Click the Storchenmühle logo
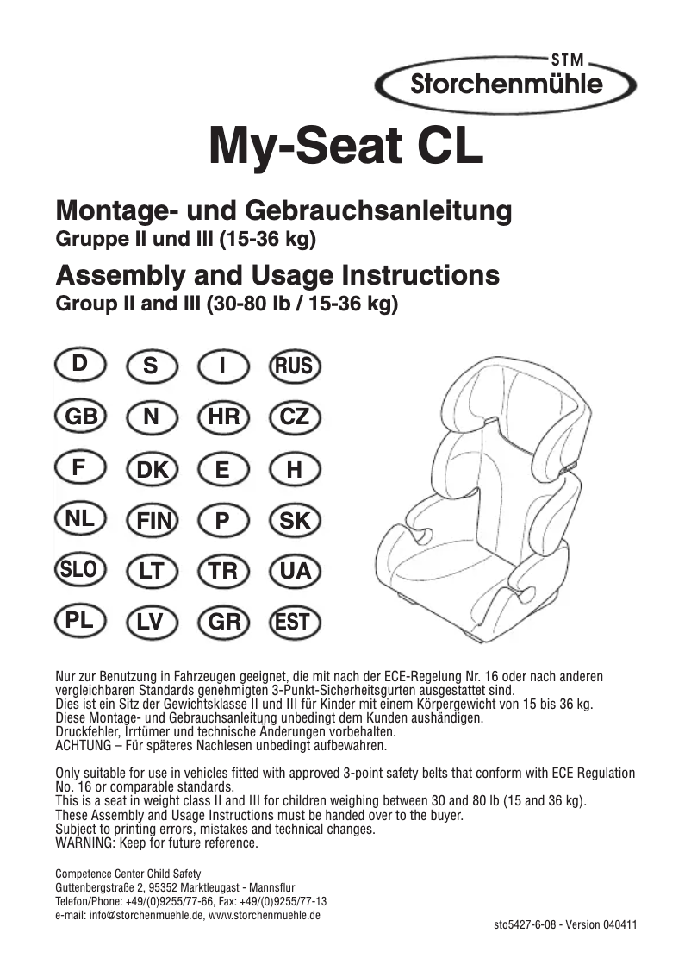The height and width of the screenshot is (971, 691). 506,84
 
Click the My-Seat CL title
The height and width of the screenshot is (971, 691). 345,148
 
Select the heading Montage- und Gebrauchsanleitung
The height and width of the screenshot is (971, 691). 283,210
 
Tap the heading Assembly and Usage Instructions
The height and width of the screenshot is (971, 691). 277,276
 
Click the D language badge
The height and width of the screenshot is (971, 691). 80,364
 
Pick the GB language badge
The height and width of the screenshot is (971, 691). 80,417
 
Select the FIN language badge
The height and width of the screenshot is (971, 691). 152,521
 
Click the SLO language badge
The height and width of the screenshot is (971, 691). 80,570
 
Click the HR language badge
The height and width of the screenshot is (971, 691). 223,417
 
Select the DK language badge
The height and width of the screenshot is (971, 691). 152,470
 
